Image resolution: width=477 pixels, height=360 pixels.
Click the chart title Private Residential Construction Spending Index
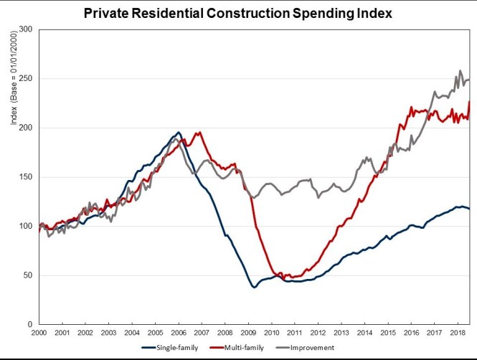[x=237, y=13]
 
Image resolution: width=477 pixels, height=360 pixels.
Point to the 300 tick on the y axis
[x=27, y=29]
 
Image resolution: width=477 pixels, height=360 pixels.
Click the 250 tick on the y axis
[x=27, y=79]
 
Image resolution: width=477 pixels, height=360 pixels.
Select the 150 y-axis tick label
[x=27, y=177]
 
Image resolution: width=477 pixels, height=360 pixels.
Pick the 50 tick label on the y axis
[x=29, y=275]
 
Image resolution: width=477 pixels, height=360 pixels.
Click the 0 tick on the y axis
[x=31, y=324]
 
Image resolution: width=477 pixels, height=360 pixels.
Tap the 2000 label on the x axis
[x=39, y=333]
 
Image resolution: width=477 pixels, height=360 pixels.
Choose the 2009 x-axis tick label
[x=247, y=333]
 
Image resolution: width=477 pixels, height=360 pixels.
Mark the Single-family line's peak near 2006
[x=179, y=133]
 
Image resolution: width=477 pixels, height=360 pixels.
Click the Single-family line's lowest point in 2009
[x=254, y=287]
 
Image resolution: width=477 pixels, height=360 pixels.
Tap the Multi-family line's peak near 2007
[x=199, y=132]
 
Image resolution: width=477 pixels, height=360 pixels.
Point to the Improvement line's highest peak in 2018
[x=460, y=71]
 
